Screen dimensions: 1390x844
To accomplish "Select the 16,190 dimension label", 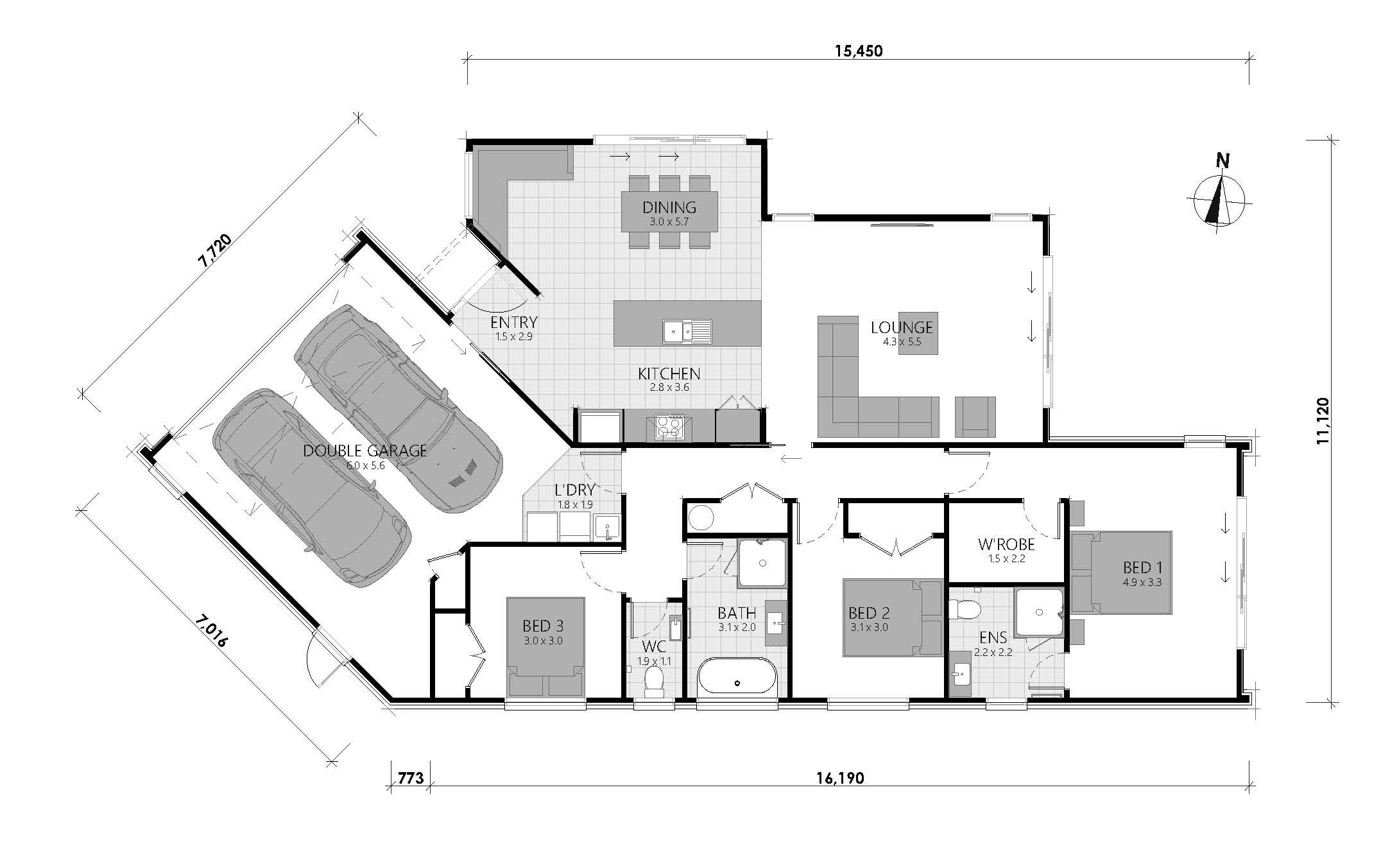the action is coord(840,779).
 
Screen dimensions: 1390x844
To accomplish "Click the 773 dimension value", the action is coord(411,779).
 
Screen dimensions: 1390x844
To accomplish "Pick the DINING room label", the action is coord(669,207).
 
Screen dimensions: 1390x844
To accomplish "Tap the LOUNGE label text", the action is coord(902,327).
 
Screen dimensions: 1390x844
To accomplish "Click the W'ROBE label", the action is coord(1006,545).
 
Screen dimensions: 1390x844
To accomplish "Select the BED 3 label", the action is coord(543,626).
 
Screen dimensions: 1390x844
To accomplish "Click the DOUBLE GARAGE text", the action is coord(365,451).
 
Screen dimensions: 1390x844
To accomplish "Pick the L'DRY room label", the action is coord(575,490).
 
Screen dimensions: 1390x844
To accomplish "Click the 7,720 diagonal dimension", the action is coord(214,251).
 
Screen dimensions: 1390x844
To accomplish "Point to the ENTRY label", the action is coord(513,322).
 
